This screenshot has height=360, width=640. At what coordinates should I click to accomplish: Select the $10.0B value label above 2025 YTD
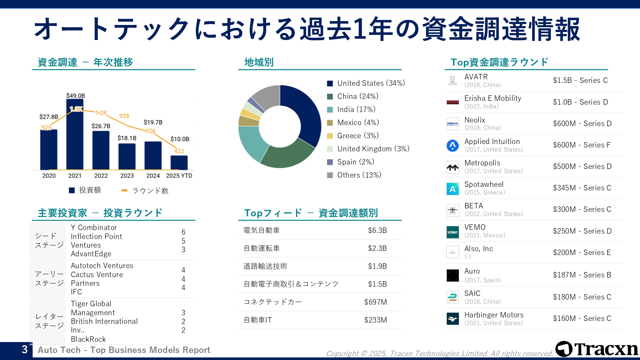click(180, 139)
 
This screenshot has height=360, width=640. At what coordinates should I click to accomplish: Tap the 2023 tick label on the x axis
click(127, 176)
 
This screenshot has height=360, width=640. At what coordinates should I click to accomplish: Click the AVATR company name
click(476, 77)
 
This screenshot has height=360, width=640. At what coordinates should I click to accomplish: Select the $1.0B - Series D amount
click(580, 102)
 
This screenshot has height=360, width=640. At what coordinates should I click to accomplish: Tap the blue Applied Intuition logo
click(452, 146)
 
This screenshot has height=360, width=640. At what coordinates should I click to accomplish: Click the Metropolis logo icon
click(452, 167)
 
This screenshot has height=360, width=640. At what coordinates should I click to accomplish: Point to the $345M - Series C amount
click(582, 188)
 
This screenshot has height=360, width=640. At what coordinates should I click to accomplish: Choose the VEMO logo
click(452, 232)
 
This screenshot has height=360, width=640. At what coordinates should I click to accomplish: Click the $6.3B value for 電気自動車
click(377, 230)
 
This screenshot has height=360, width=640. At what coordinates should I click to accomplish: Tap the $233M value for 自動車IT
click(375, 320)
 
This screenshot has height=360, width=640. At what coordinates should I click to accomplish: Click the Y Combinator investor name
click(94, 228)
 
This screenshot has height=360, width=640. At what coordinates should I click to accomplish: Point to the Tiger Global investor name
click(91, 304)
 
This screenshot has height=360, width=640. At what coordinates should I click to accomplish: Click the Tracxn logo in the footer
click(597, 349)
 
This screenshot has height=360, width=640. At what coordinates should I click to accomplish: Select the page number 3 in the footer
click(25, 349)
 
